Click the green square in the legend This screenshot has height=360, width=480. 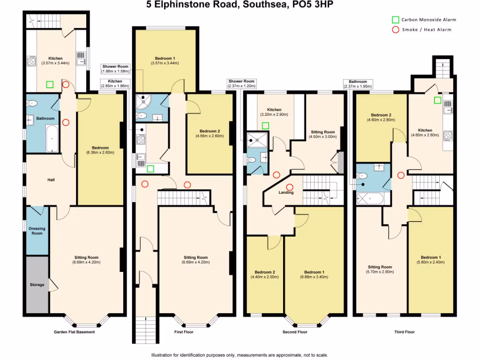coord(395,20)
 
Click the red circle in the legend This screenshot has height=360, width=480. coord(395,30)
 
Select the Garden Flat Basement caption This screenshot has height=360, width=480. coord(74,332)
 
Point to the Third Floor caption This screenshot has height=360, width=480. coord(404,332)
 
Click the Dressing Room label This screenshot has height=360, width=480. coord(37,231)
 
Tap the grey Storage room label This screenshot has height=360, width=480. coord(37,285)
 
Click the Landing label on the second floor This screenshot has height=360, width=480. coord(286,193)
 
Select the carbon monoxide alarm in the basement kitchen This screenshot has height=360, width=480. coord(50,85)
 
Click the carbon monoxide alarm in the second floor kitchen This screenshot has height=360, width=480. coord(265,125)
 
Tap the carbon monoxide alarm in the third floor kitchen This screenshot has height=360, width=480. coord(437,100)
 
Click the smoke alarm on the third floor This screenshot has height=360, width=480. coord(401,175)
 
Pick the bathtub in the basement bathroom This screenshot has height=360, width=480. coord(52,139)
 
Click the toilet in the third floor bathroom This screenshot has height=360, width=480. coord(361,176)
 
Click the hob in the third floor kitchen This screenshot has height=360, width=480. coord(447,136)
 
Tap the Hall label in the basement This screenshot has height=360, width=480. coord(52,180)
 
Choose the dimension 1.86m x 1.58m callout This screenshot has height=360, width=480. coord(116,72)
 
